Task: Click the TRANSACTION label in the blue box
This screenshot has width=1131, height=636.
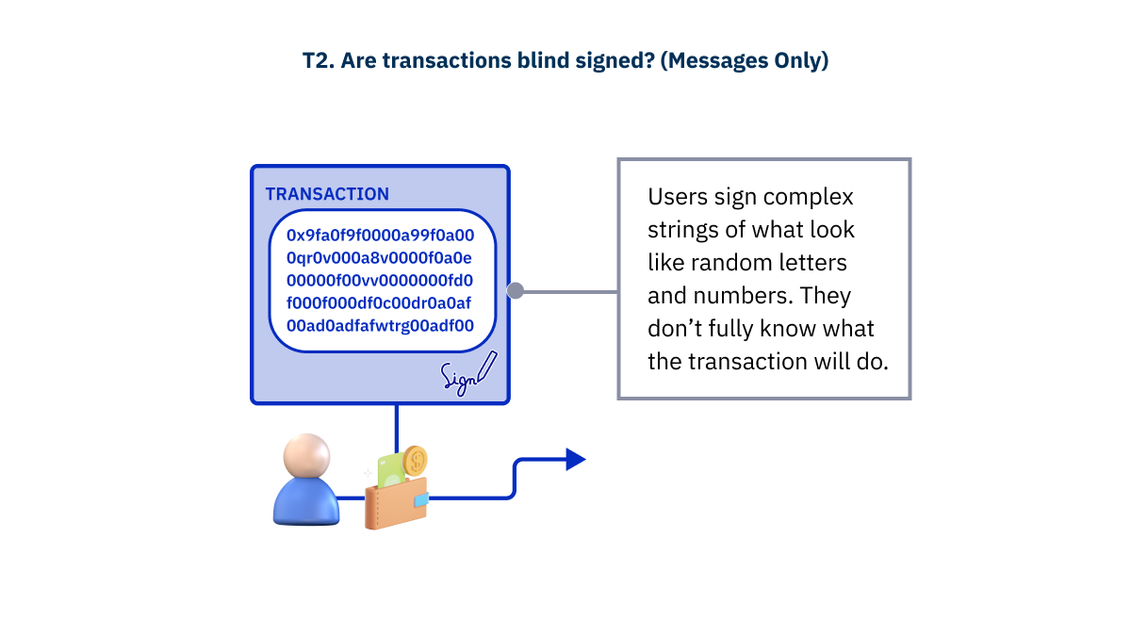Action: [327, 194]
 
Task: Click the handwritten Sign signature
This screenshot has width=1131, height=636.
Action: [459, 378]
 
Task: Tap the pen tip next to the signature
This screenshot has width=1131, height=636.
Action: [481, 378]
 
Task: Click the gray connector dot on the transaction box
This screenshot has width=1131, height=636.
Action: [515, 291]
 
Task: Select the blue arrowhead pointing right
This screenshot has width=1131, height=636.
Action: [574, 460]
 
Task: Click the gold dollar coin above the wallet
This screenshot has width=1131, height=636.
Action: [414, 461]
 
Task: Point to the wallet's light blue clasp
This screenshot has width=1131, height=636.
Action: [420, 498]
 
